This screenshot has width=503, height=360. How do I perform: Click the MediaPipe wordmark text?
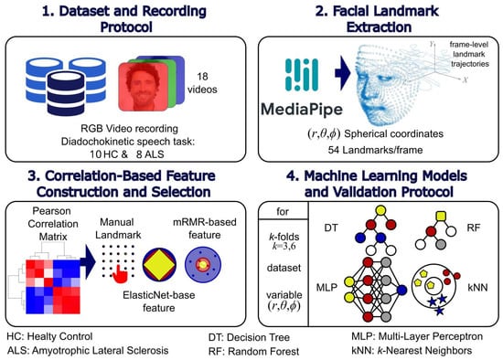pyautogui.click(x=302, y=110)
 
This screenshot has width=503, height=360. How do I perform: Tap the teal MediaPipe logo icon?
pyautogui.click(x=302, y=74)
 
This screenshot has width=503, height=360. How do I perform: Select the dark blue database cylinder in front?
pyautogui.click(x=66, y=93)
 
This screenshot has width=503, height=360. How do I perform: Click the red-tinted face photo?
pyautogui.click(x=143, y=87)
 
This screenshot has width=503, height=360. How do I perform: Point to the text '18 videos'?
pyautogui.click(x=202, y=83)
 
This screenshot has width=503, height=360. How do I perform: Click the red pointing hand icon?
pyautogui.click(x=121, y=274)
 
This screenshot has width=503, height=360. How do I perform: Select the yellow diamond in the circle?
pyautogui.click(x=159, y=265)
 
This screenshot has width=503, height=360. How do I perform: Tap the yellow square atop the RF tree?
pyautogui.click(x=441, y=217)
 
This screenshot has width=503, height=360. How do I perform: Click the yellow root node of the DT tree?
pyautogui.click(x=380, y=211)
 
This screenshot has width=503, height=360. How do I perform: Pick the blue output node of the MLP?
pyautogui.click(x=401, y=291)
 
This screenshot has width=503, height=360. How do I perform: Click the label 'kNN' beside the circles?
pyautogui.click(x=477, y=287)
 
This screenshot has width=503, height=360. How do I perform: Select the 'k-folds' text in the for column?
pyautogui.click(x=284, y=237)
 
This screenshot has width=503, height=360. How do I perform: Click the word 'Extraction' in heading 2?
pyautogui.click(x=379, y=26)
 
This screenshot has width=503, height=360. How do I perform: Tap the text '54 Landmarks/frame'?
pyautogui.click(x=375, y=150)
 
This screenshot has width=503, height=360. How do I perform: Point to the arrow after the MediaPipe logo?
pyautogui.click(x=343, y=73)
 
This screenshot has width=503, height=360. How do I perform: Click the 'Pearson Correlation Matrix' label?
pyautogui.click(x=53, y=224)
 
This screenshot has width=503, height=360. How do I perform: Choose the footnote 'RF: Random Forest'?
pyautogui.click(x=253, y=352)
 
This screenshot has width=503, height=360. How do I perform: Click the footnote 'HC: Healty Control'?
pyautogui.click(x=49, y=336)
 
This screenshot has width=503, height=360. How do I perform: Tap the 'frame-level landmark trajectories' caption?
pyautogui.click(x=470, y=54)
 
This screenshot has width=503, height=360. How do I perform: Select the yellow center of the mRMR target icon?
pyautogui.click(x=203, y=265)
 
